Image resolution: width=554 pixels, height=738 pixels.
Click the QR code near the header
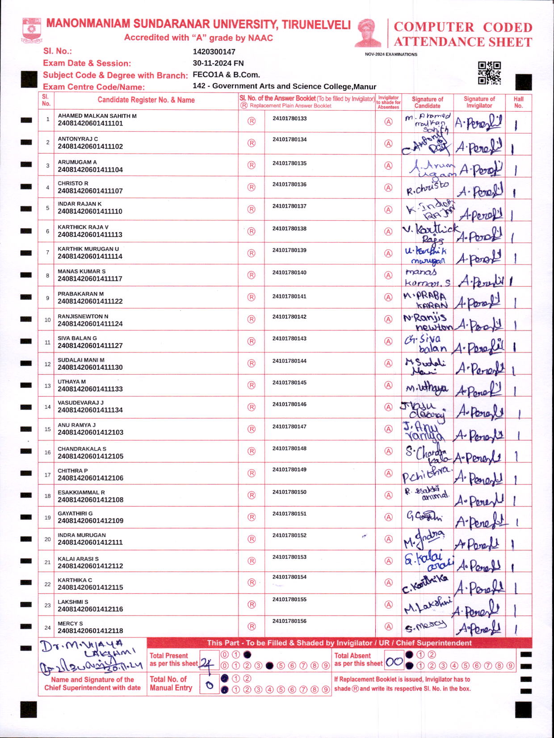(x=489, y=73)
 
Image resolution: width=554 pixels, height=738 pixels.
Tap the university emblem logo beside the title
(x=31, y=30)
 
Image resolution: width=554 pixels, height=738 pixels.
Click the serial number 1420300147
(x=214, y=52)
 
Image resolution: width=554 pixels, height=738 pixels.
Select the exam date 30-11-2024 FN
(x=218, y=63)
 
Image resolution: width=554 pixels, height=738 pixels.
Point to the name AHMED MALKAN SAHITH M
(x=97, y=116)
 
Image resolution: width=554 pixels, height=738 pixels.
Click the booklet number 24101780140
(x=290, y=273)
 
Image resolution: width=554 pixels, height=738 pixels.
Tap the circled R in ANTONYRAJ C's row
(x=252, y=143)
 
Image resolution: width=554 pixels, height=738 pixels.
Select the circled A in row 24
(x=388, y=627)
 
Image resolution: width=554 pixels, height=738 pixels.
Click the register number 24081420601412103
(x=90, y=432)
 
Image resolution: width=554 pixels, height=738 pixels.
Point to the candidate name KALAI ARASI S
(x=78, y=559)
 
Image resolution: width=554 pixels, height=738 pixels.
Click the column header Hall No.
(x=518, y=102)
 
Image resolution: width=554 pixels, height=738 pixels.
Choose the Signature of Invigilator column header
(x=479, y=102)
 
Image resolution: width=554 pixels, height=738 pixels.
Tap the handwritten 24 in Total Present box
(x=206, y=663)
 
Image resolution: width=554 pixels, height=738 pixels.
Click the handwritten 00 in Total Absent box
(x=395, y=662)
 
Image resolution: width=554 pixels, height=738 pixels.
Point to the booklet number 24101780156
(x=290, y=621)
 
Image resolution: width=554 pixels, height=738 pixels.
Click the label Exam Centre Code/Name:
(x=94, y=87)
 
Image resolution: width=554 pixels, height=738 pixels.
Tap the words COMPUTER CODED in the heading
(x=463, y=27)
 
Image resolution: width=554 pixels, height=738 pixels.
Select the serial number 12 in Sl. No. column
(x=47, y=364)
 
